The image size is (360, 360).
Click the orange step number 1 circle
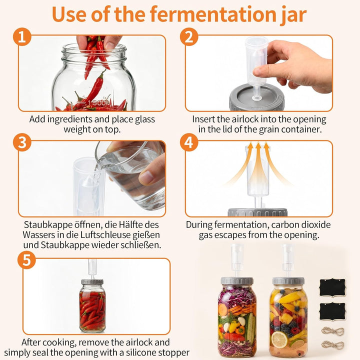coord(22,36)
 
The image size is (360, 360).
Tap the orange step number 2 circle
coord(189,36)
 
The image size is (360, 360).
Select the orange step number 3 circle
coord(22,142)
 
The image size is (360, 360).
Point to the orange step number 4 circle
coord(189,142)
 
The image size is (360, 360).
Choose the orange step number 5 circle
coord(26,260)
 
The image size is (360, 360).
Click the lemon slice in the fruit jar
coord(279,339)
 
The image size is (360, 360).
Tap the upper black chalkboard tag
coord(332,287)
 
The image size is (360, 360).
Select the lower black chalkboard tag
coord(332,311)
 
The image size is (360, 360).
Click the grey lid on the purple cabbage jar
coord(237,280)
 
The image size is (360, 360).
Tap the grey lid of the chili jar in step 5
coord(92,281)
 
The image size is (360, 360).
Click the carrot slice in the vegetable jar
coord(223,309)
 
